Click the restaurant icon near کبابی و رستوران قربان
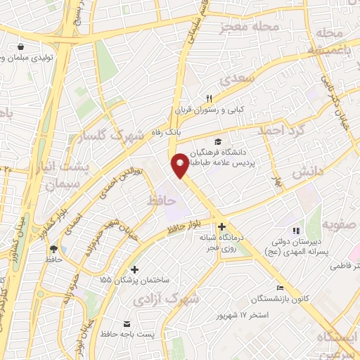pyautogui.click(x=208, y=99)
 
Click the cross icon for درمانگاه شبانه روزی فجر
pyautogui.click(x=222, y=226)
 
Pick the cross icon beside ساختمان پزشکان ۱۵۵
pyautogui.click(x=134, y=269)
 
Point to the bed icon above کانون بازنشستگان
pyautogui.click(x=281, y=288)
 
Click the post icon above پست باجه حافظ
pyautogui.click(x=127, y=323)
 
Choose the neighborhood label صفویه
pyautogui.click(x=340, y=225)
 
